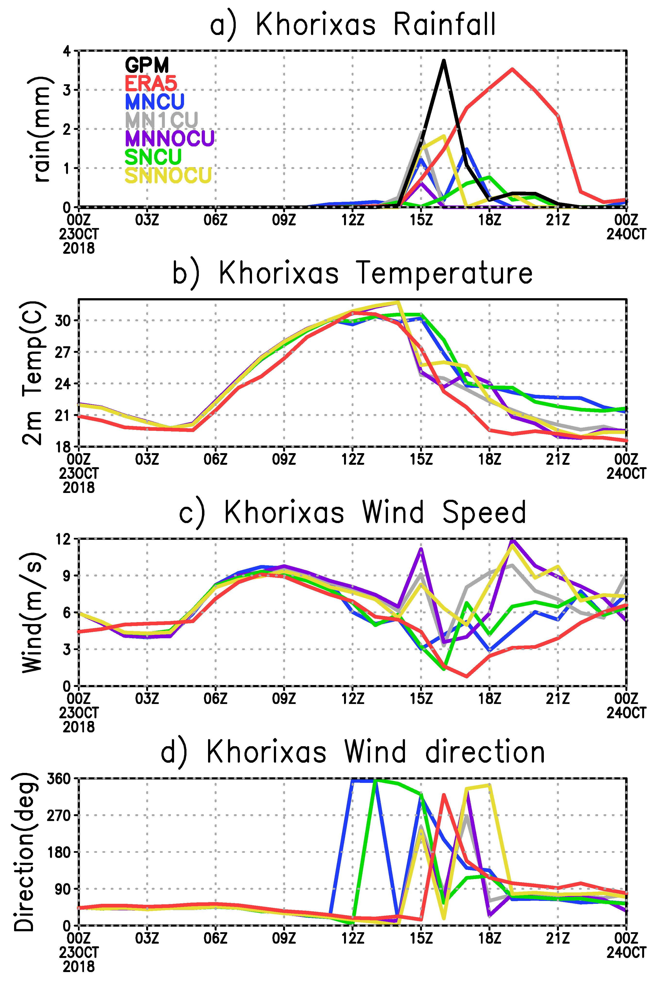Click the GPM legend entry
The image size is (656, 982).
coord(147,65)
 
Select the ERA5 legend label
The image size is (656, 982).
coord(151,83)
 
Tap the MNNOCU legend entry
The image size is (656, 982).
coord(169,138)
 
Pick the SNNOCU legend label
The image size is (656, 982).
coord(168,175)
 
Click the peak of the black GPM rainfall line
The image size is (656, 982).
coord(444,61)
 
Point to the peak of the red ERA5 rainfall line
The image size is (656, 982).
coord(512,69)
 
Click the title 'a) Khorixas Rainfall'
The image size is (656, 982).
coord(353,24)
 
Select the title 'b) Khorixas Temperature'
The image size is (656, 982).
coord(353,273)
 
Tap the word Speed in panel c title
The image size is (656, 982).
coord(484,512)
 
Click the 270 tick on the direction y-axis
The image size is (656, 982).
coord(59,815)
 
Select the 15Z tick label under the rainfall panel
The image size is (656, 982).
coord(421,220)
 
